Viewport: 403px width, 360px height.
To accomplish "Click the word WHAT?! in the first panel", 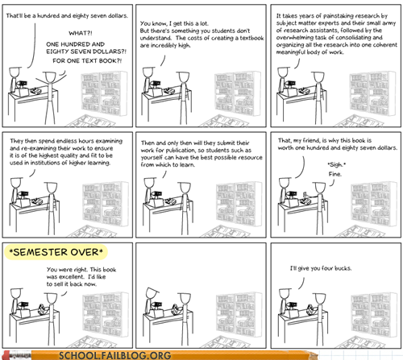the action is coord(81,33).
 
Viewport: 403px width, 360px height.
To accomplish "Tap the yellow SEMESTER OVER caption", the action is coord(56,252).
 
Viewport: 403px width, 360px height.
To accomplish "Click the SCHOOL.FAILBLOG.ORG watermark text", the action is coord(115,355).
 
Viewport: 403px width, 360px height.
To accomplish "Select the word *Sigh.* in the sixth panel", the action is coord(337,164).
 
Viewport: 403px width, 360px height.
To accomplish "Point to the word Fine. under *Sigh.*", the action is coord(335,174).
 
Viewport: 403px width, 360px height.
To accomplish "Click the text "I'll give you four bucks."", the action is coord(321,268).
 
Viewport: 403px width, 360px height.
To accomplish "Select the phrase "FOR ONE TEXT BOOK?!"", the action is coord(87,60).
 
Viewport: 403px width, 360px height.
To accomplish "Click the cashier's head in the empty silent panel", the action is coord(152,293).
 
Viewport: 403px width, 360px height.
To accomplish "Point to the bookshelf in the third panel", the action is coord(372,93).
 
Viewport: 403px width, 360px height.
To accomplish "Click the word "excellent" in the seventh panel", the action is coord(72,277).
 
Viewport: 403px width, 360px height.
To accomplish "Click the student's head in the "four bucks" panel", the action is coord(320,298).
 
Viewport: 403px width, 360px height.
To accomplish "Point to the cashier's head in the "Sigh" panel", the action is coord(285,184).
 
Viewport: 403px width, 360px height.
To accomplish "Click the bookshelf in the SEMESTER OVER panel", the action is coord(106,314).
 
